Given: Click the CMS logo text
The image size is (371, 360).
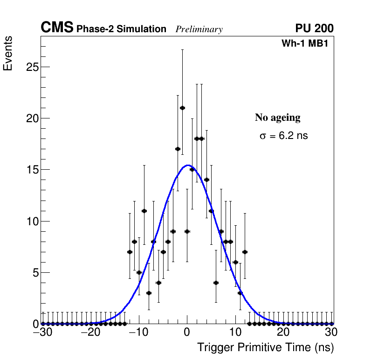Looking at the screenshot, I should click(x=57, y=28).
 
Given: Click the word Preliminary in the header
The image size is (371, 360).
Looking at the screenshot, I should click(x=199, y=29).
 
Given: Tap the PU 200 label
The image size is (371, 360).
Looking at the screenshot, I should click(x=314, y=28).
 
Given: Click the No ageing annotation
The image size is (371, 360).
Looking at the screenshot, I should click(x=277, y=118).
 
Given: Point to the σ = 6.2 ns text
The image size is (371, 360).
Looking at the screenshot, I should click(x=283, y=136).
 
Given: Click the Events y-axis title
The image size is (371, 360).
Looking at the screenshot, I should click(x=8, y=54).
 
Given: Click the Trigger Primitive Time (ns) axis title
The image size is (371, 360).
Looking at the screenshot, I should click(x=265, y=347).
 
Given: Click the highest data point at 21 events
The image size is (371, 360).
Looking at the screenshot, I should click(x=182, y=108).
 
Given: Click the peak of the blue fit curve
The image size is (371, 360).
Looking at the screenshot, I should click(x=187, y=165).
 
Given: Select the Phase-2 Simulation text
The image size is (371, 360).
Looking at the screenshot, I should click(x=121, y=29).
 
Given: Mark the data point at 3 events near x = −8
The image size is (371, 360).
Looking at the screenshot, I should click(x=149, y=293).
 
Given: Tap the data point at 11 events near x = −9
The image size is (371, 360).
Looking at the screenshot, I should click(x=144, y=211).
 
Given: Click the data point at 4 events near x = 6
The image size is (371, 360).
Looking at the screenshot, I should click(x=216, y=283).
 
